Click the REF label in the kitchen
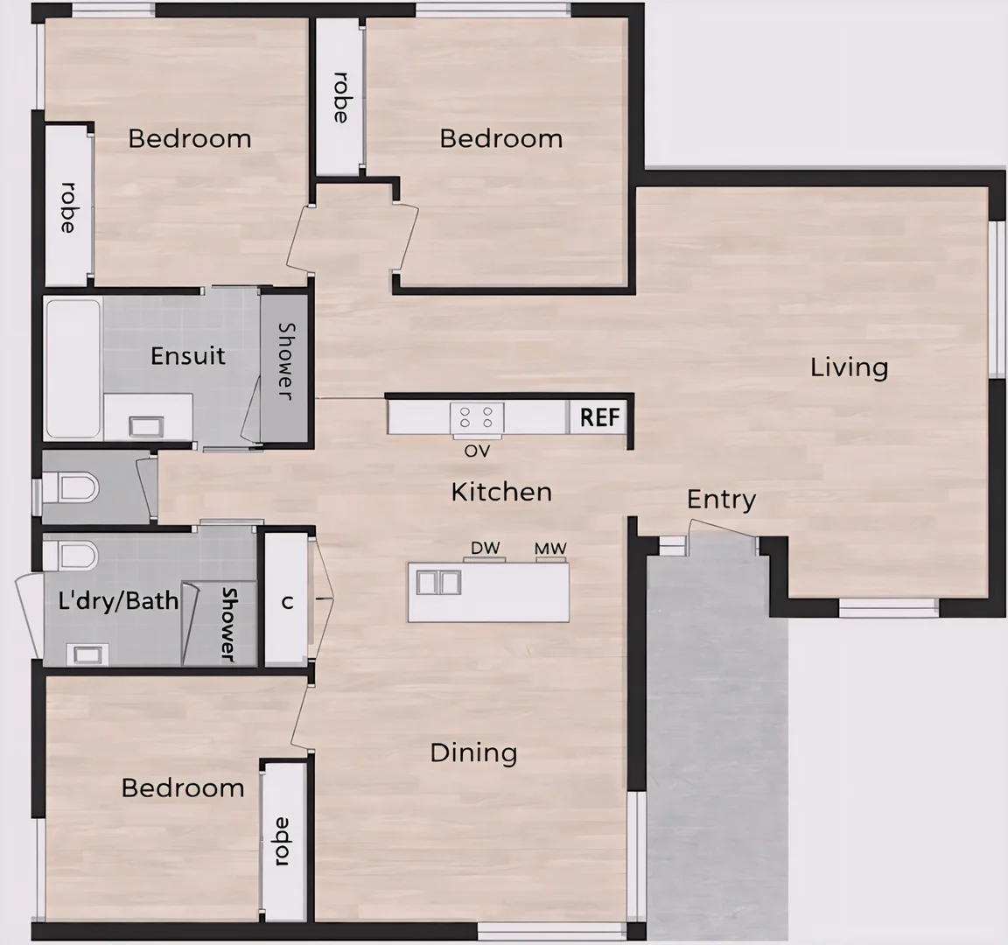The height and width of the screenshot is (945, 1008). [599, 417]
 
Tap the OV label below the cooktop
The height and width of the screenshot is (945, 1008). [477, 451]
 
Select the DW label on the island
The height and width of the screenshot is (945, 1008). [485, 549]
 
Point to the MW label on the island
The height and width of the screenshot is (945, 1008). [550, 549]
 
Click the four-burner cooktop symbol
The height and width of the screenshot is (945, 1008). [477, 417]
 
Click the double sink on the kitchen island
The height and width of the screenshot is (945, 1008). [439, 582]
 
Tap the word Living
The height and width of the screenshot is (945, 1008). [849, 367]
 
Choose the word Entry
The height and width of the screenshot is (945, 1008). [721, 500]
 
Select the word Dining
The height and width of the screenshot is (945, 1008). [473, 752]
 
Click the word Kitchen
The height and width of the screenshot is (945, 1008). [501, 492]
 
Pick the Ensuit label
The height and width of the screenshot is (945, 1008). [187, 356]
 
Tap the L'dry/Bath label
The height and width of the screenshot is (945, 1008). [118, 600]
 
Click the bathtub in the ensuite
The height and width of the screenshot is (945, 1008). [73, 368]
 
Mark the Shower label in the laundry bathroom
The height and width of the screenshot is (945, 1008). [227, 624]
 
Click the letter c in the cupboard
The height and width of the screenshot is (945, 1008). [286, 602]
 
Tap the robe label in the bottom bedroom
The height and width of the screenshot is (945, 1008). [281, 842]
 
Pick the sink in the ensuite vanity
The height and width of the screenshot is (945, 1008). [143, 426]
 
